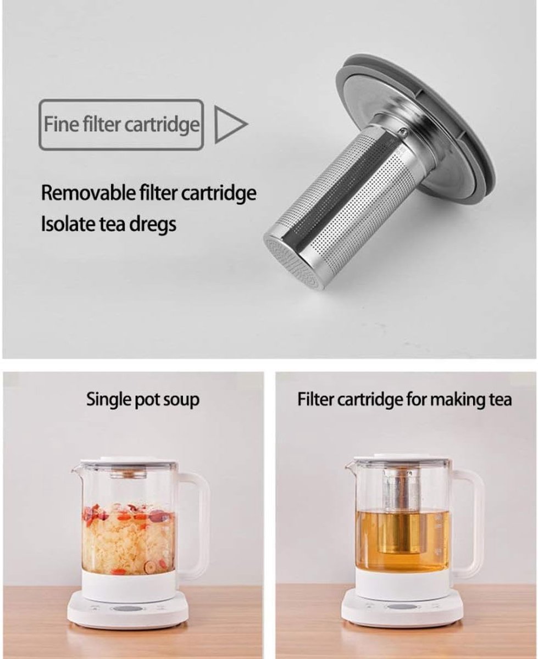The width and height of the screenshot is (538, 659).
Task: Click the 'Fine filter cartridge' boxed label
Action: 121,124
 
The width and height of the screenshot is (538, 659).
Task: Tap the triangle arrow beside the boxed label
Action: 231,124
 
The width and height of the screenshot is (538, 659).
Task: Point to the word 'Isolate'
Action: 68,224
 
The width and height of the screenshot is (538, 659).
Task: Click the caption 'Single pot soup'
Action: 142,399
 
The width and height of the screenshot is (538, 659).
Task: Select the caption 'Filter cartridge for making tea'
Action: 404,399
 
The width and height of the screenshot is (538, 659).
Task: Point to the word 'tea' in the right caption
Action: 501,399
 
